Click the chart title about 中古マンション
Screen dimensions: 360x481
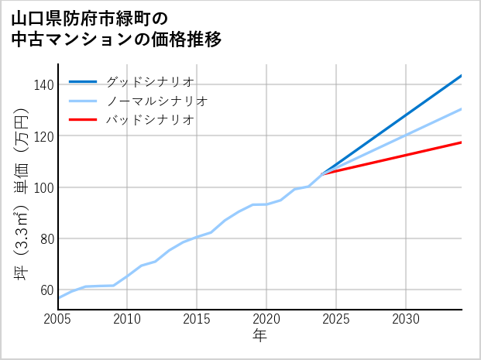coord(116,28)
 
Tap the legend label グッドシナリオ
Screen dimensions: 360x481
coord(150,81)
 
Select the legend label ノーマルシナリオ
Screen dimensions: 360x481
coord(157,101)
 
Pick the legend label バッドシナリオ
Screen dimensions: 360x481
coord(150,120)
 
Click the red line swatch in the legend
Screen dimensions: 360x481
coord(84,120)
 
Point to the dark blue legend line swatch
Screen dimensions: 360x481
coord(84,81)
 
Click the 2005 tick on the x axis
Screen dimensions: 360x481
coord(58,319)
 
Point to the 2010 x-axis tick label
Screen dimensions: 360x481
coord(128,319)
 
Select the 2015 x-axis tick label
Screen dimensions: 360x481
coord(198,319)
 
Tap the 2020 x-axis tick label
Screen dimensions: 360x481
coord(266,319)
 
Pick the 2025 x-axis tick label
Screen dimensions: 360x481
coord(336,319)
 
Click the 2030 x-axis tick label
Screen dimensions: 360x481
coord(406,319)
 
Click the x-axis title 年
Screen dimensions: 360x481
coord(260,336)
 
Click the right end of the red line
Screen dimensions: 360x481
coord(461,142)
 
